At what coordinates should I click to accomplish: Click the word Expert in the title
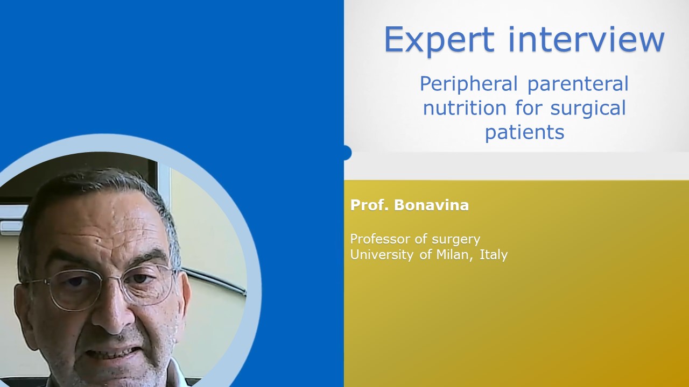click(x=439, y=40)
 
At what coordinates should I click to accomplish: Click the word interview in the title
click(x=587, y=39)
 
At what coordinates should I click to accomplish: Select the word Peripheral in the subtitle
click(x=469, y=84)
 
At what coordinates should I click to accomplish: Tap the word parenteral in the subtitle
click(x=578, y=84)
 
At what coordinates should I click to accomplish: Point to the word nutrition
click(x=465, y=108)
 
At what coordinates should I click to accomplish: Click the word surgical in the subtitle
click(x=588, y=109)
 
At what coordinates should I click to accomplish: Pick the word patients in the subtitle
click(x=525, y=132)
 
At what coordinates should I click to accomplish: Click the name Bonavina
click(x=432, y=205)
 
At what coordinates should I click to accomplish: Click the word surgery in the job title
click(x=456, y=240)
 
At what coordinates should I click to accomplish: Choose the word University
click(x=382, y=255)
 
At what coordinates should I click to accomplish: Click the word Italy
click(x=494, y=255)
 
